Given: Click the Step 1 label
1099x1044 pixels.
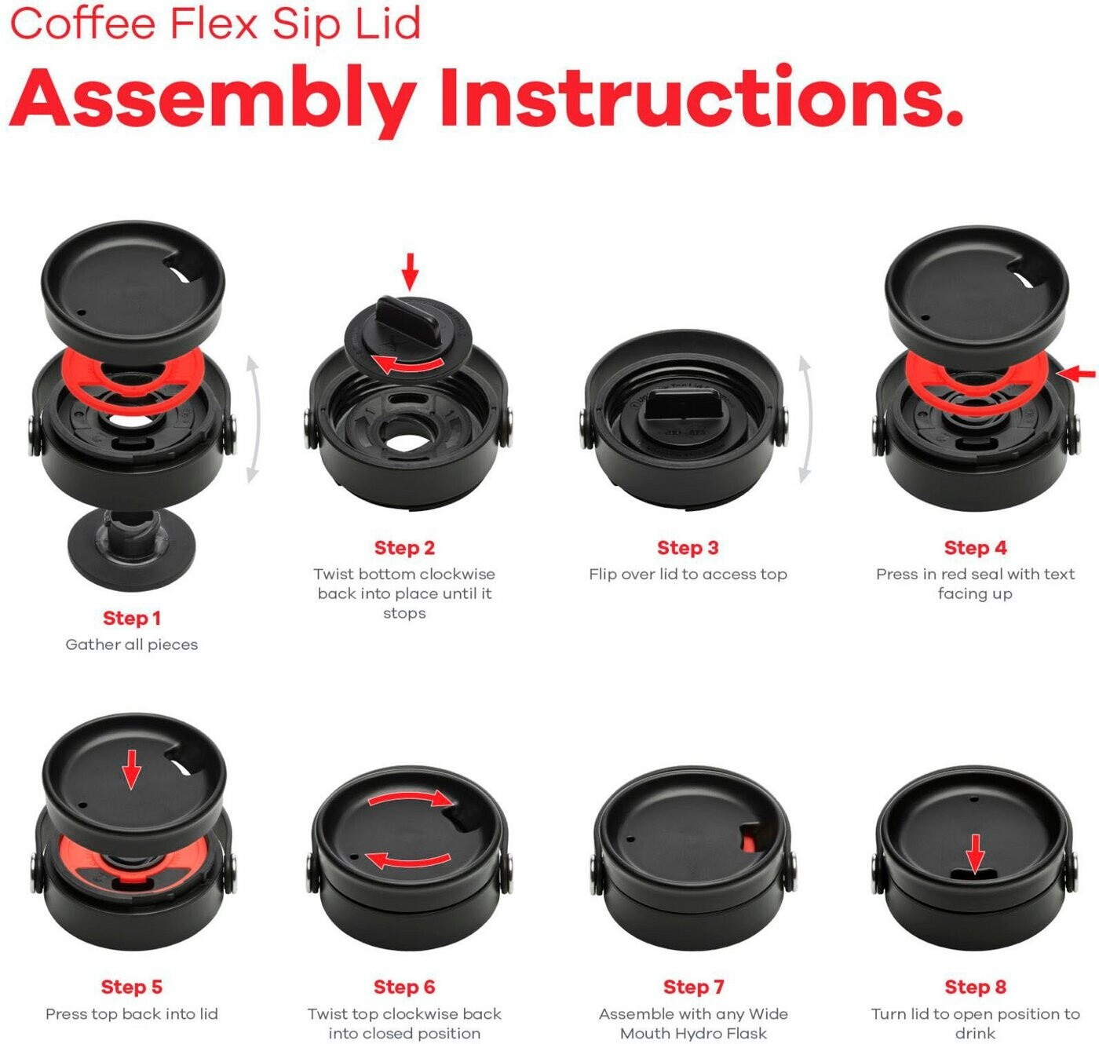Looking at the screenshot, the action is click(132, 618).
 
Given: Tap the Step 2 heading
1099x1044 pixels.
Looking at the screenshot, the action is click(404, 547).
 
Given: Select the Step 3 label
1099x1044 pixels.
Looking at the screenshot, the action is click(688, 547).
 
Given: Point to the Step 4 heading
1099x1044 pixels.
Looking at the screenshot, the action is click(975, 547).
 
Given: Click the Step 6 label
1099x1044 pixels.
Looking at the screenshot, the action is click(404, 987).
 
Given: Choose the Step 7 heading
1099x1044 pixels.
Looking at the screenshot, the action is click(693, 987).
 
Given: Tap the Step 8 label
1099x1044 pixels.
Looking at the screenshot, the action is click(975, 987).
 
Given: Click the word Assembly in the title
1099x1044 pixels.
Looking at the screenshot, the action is click(213, 100).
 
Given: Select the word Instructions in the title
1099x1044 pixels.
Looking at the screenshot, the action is click(702, 97).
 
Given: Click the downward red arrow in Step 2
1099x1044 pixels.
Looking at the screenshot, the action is click(411, 272).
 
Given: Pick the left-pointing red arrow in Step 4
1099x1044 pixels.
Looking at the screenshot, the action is click(1077, 374).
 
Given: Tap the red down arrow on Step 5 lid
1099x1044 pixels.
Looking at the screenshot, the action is click(131, 770).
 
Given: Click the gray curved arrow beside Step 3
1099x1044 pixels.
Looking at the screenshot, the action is click(806, 419).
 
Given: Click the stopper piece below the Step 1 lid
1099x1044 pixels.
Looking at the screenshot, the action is click(131, 549).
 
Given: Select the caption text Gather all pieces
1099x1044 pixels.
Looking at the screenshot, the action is click(131, 644).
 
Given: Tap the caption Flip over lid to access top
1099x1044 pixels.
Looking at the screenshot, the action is click(688, 575).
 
